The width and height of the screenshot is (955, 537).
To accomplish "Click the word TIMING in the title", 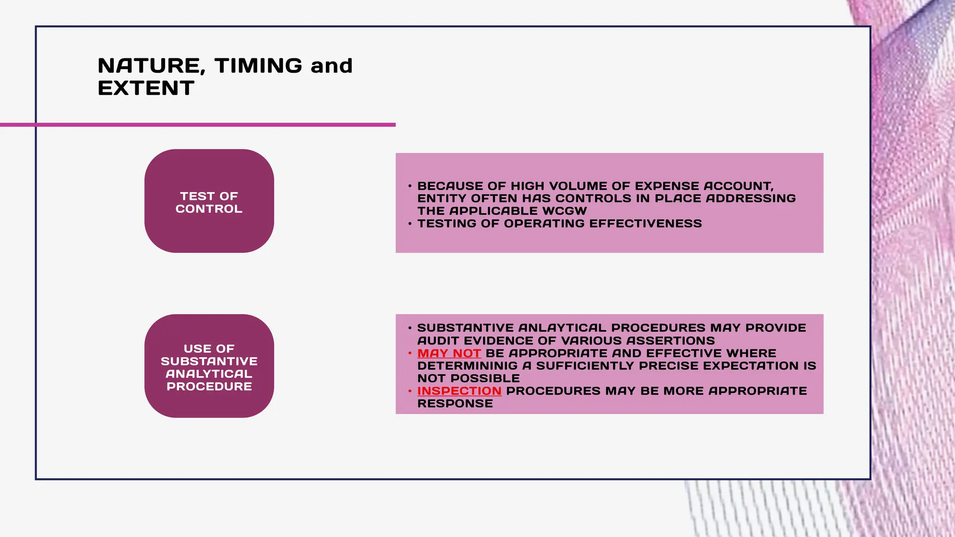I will (258, 66).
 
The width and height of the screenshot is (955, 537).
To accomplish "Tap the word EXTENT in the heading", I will (146, 88).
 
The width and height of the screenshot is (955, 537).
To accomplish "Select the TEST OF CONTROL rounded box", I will (209, 201).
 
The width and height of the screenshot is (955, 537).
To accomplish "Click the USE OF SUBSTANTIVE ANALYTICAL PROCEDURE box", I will (209, 366).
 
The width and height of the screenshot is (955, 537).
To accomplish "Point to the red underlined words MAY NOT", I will (449, 353).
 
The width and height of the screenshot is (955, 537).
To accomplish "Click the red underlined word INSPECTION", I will (459, 391).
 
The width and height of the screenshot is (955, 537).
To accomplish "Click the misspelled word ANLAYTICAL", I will (562, 328).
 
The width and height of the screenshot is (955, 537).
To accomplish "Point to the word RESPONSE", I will (455, 404).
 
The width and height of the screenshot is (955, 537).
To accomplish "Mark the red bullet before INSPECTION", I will (410, 391).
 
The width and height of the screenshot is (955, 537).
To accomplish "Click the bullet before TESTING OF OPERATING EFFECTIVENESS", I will (410, 224).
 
